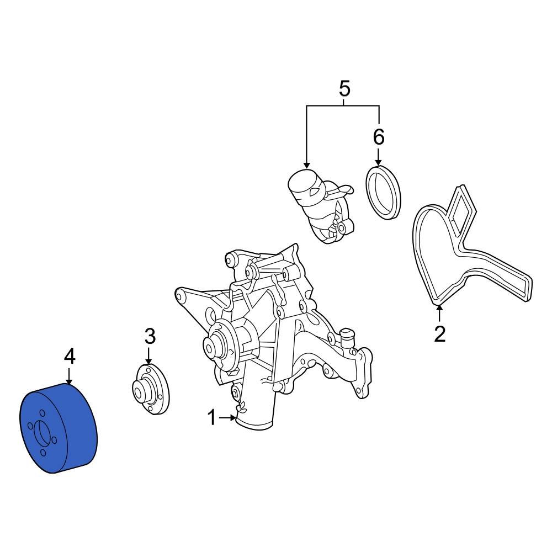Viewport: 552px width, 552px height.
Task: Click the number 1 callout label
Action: pos(211,418)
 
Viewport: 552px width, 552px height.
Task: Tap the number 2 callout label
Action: pos(439,334)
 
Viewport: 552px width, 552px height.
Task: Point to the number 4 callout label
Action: pos(69,357)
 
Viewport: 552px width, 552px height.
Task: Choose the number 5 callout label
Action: pos(344,88)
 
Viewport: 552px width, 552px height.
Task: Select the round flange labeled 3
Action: pos(152,389)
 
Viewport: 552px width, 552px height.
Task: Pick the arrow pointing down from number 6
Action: pos(379,157)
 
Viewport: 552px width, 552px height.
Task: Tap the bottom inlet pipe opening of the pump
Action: pos(254,424)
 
